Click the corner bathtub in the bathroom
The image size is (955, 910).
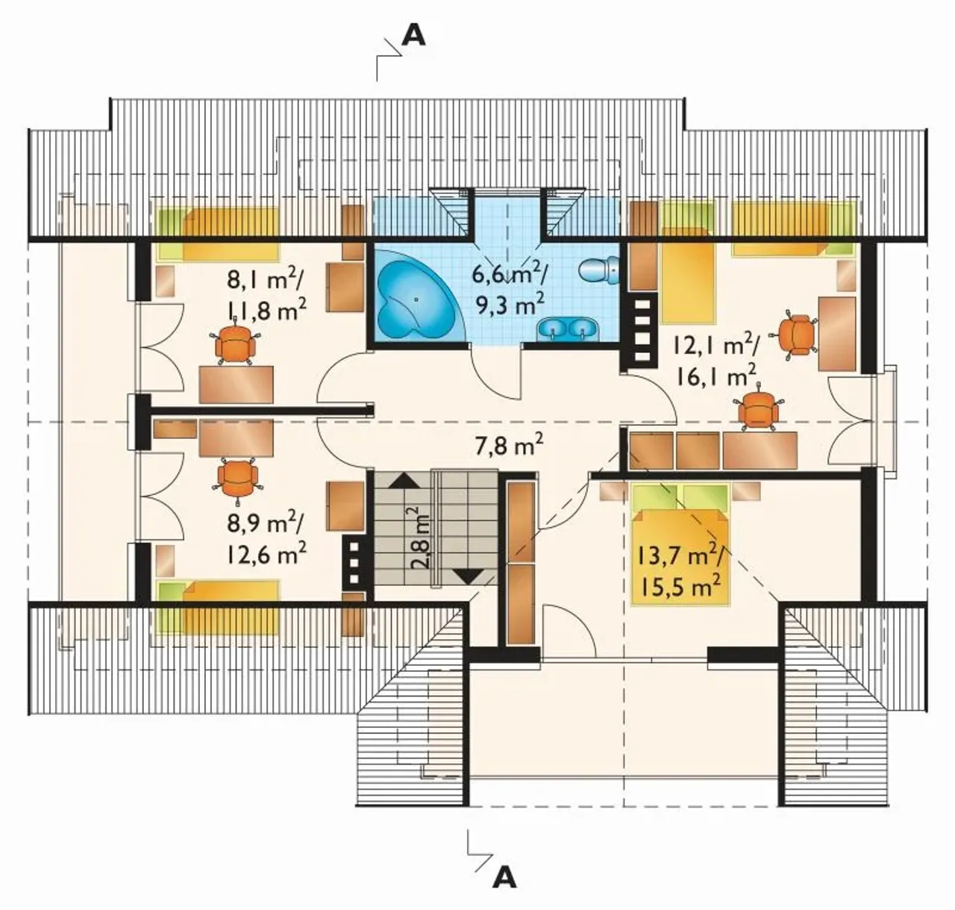(x=416, y=296)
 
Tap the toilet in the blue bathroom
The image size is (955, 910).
(x=599, y=269)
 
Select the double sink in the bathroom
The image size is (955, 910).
(x=567, y=328)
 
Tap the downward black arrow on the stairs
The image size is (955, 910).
(x=468, y=576)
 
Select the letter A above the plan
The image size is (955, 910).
(x=413, y=36)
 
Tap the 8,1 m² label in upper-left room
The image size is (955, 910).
(x=266, y=280)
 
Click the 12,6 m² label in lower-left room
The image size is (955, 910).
(x=266, y=554)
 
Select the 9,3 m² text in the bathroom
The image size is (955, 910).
(x=508, y=305)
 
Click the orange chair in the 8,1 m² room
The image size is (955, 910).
(x=236, y=340)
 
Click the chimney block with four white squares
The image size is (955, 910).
(x=641, y=331)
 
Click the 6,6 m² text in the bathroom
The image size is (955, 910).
(x=510, y=277)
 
